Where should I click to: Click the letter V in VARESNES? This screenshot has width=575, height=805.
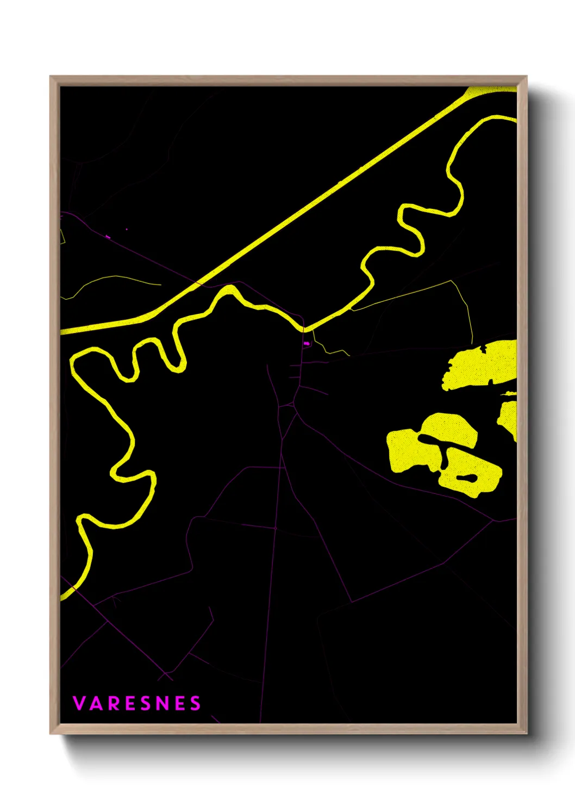79,703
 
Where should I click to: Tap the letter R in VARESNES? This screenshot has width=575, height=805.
115,703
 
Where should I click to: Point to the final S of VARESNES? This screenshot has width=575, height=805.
195,703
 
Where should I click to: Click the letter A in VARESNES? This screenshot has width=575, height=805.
96,703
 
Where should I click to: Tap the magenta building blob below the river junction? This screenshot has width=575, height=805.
307,344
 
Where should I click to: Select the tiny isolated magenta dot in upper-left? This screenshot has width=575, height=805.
127,230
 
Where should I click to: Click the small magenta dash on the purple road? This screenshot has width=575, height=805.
108,237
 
